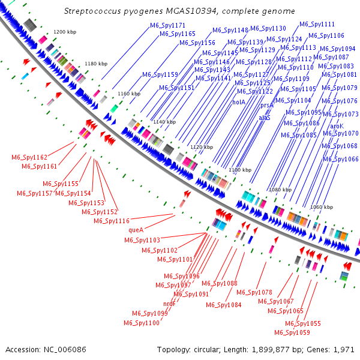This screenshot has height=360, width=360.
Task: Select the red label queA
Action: click(136, 229)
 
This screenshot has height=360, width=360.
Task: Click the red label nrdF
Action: click(170, 304)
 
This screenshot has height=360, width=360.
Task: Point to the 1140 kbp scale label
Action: click(164, 122)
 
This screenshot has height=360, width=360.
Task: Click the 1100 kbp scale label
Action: click(239, 170)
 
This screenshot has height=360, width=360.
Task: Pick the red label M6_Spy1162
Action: click(29, 157)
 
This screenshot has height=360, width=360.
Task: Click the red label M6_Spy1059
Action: click(292, 332)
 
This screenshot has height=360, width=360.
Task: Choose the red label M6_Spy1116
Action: click(112, 221)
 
